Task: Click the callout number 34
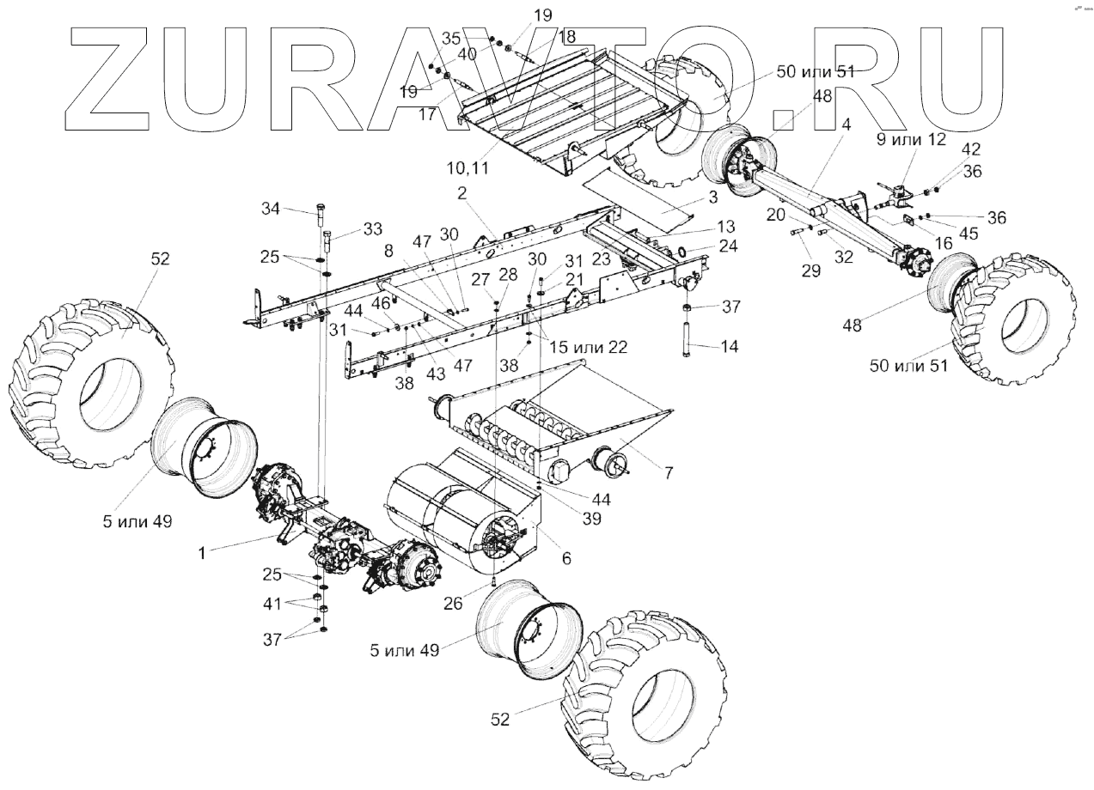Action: tap(272, 208)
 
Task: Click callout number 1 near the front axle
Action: tap(202, 554)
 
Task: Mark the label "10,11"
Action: tap(467, 167)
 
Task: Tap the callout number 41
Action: tap(272, 603)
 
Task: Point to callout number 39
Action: tap(590, 519)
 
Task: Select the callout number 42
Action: tap(971, 148)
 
